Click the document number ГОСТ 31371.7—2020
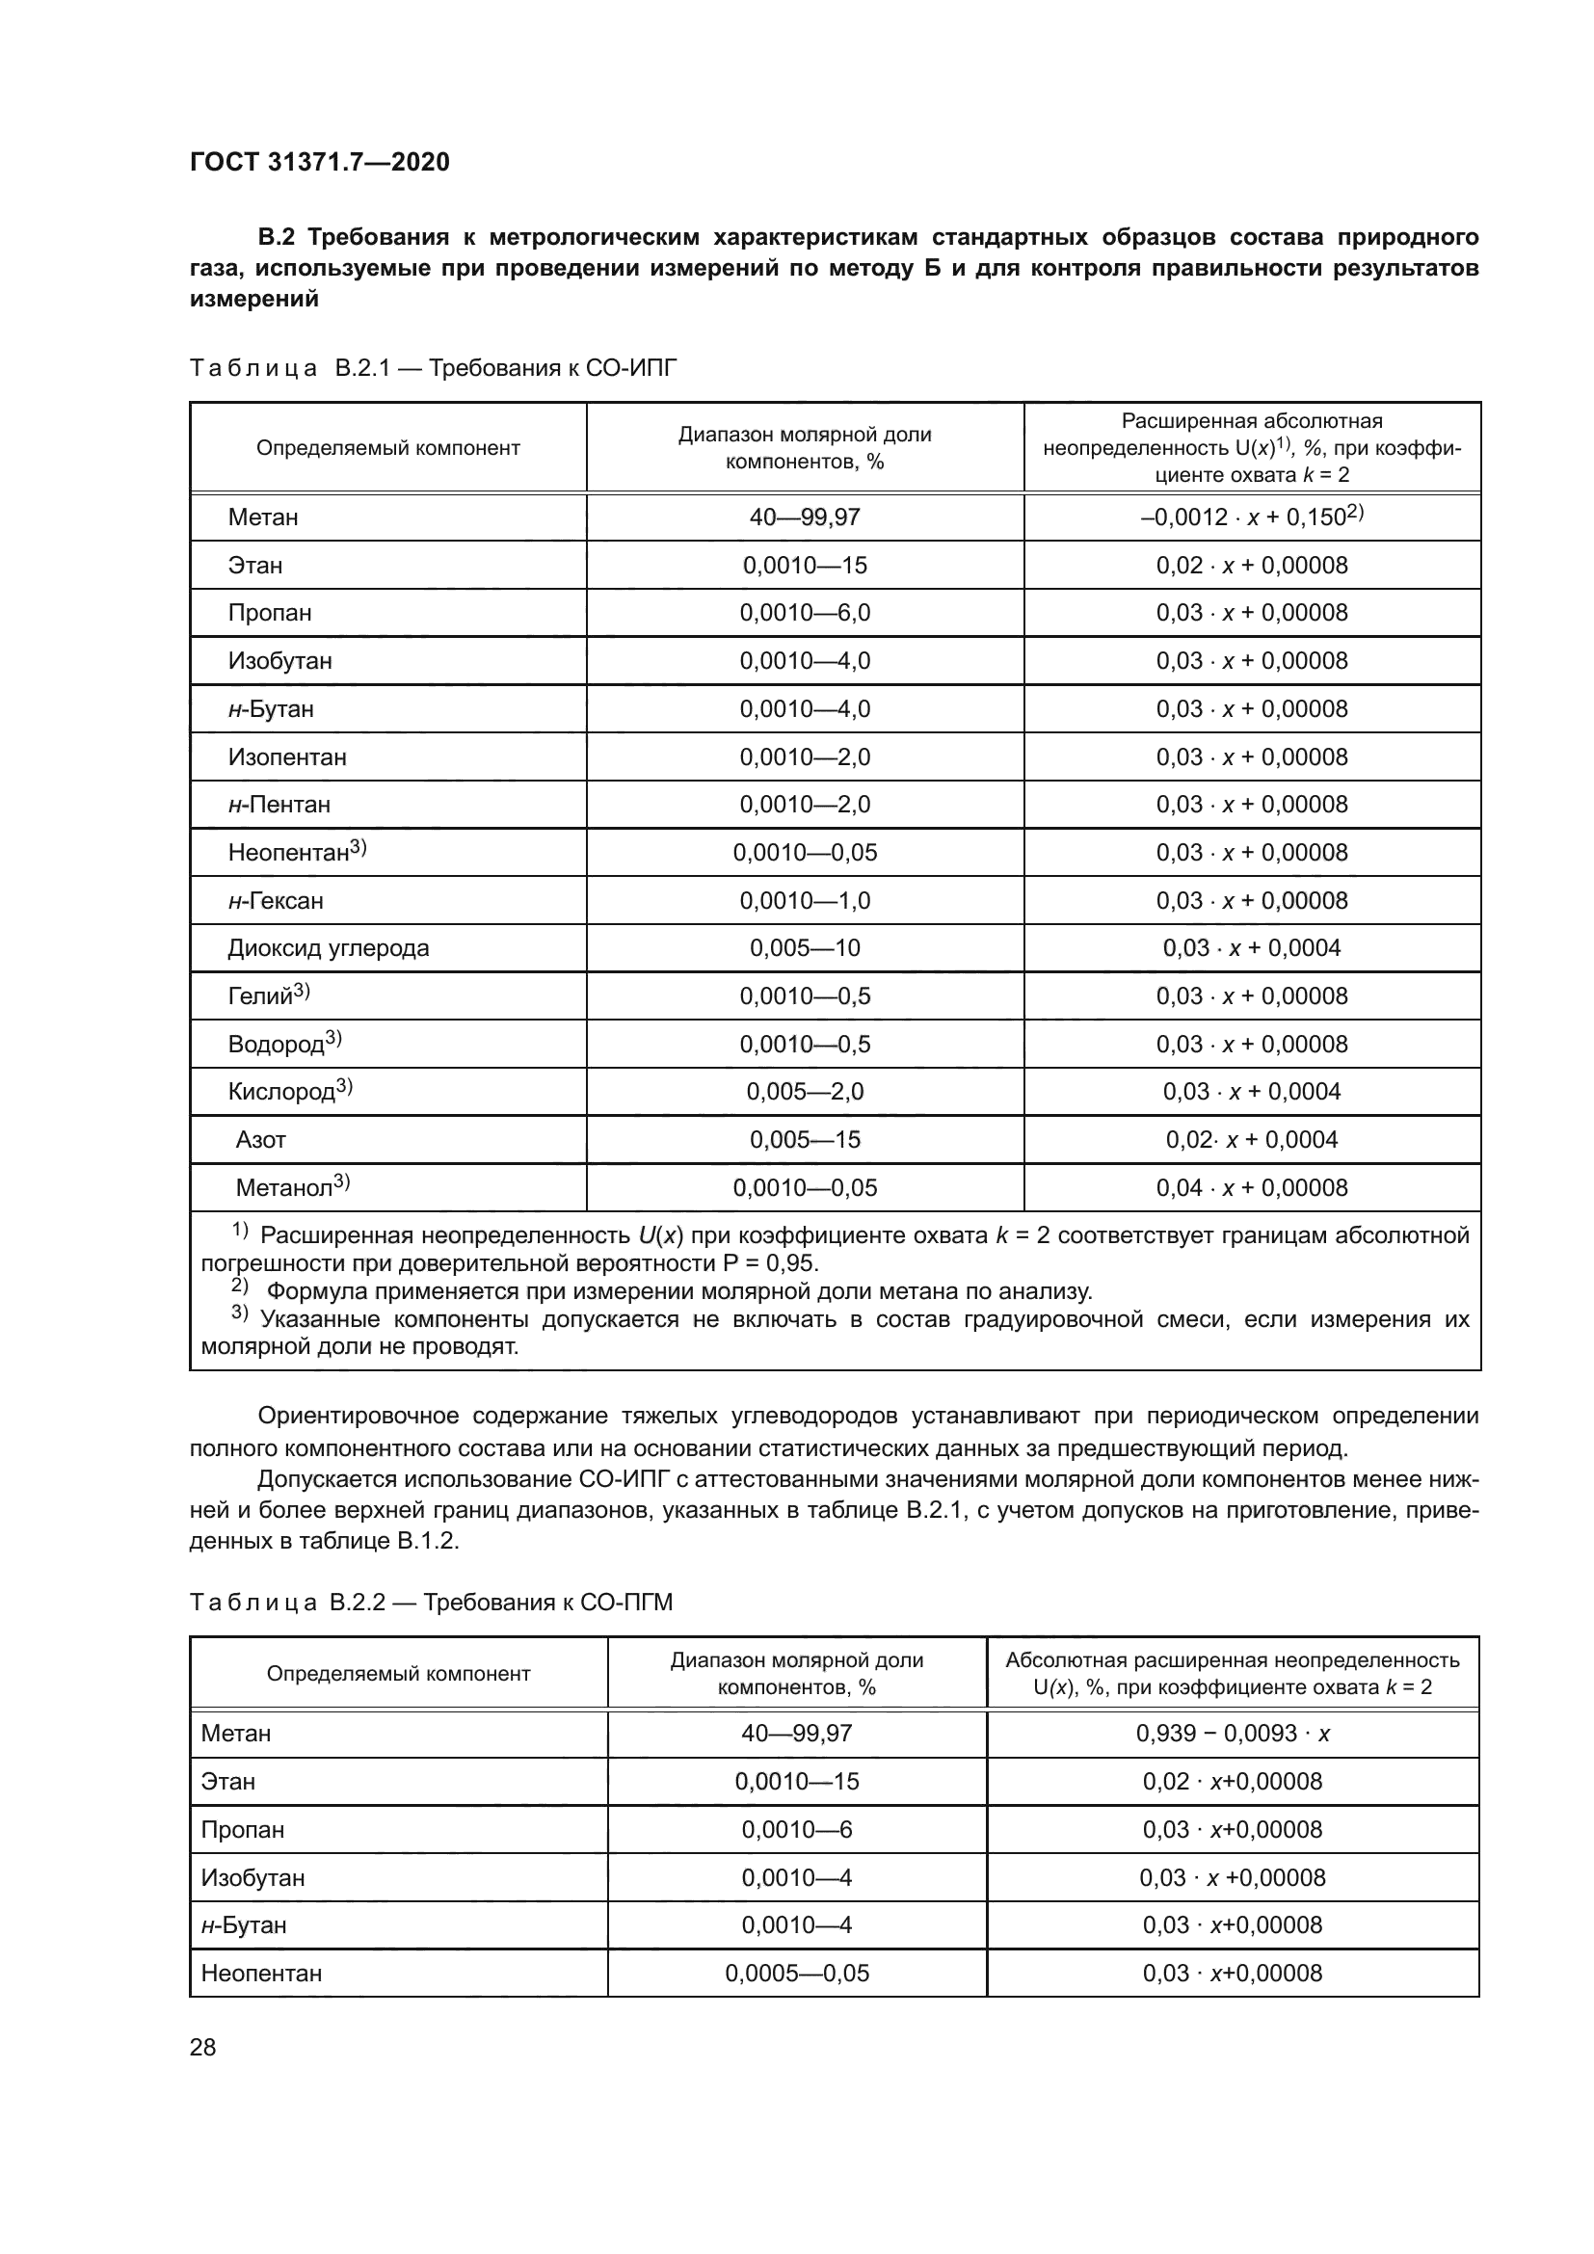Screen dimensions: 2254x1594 320,162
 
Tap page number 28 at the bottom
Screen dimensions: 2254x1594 203,2047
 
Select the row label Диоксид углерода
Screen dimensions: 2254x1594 328,948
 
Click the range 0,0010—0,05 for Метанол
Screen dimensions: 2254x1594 805,1188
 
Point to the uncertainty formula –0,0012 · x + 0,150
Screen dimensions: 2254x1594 1252,517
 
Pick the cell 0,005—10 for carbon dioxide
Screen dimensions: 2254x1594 805,948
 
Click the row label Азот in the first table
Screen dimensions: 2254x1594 261,1140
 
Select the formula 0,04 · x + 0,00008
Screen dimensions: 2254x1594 1252,1188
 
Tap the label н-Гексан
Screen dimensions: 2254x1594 276,900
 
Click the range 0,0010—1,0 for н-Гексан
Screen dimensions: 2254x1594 805,900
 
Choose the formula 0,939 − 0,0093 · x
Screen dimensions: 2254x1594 1233,1734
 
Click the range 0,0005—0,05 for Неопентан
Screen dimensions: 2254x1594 797,1974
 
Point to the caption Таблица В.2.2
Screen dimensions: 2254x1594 432,1604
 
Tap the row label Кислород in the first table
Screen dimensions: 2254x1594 288,1092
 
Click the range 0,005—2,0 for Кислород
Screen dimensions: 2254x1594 805,1092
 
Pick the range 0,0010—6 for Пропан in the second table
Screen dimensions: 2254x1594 797,1830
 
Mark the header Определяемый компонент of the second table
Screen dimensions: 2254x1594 399,1674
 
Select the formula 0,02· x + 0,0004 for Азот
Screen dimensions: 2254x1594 1252,1140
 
